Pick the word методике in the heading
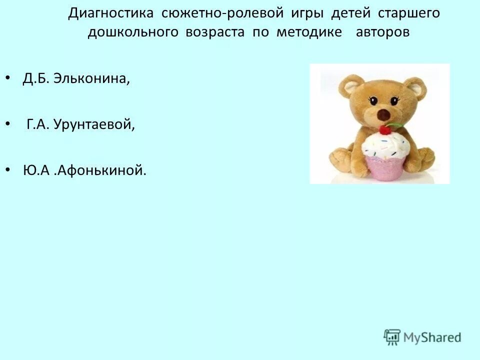(309, 32)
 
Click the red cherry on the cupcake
(384, 130)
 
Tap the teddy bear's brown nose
(383, 114)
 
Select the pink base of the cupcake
(385, 167)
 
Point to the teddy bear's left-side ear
(349, 85)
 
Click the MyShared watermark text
(431, 337)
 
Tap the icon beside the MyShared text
(392, 337)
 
